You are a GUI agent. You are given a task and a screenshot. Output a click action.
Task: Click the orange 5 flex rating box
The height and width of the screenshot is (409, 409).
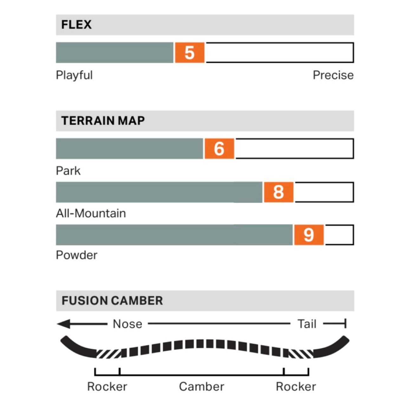coord(189,53)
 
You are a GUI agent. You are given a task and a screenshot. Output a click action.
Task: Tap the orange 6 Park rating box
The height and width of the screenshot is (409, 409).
coord(219,149)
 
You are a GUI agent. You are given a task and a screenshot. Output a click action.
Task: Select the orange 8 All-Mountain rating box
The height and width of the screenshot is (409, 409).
coord(278,192)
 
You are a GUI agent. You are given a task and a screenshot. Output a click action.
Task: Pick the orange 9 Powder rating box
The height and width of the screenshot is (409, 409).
coord(308,235)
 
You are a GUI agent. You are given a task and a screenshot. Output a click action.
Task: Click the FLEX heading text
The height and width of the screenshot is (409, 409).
coord(76,25)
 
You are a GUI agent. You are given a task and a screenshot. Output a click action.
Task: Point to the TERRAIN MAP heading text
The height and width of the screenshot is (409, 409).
coord(103,121)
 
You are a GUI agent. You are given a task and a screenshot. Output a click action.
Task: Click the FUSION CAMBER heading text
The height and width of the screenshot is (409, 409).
coord(112,301)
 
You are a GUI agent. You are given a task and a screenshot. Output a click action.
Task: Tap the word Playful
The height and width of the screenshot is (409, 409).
coord(74,75)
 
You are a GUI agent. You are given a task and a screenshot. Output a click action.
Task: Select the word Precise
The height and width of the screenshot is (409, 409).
coord(333,75)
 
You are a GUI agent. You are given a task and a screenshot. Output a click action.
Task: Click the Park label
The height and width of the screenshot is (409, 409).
coord(68,171)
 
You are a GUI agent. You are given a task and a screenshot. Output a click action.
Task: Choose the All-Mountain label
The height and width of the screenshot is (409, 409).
coord(91,213)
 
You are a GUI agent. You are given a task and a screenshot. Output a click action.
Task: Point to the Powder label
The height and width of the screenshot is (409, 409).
coord(76,255)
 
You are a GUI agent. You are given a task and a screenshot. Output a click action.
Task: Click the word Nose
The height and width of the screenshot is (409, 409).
coord(127,324)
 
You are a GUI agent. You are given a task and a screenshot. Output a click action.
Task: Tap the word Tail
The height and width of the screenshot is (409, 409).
coord(307,324)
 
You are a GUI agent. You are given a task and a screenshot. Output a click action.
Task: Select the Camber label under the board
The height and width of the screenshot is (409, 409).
coord(201,386)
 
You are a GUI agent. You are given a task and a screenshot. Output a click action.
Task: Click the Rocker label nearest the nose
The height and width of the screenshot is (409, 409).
coord(107,386)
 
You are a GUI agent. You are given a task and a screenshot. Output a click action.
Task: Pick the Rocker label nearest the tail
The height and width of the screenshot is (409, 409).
coord(296,386)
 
